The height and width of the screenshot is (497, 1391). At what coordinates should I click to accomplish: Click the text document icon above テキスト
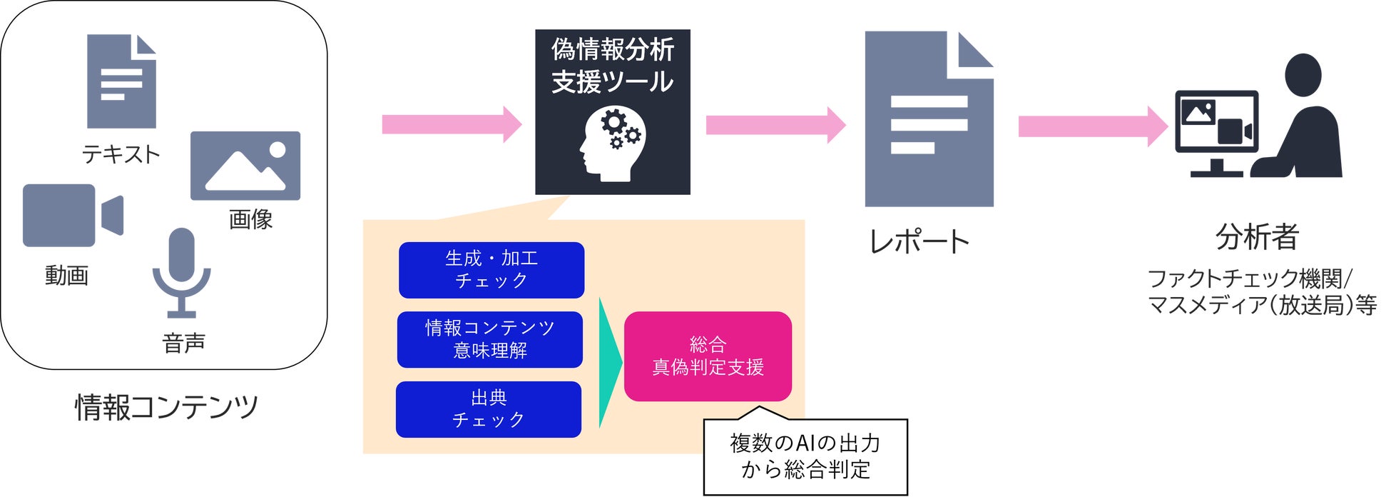pyautogui.click(x=121, y=81)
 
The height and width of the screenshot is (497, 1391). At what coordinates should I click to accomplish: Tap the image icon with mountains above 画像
pyautogui.click(x=245, y=166)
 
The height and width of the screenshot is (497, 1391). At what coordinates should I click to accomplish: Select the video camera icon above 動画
pyautogui.click(x=73, y=215)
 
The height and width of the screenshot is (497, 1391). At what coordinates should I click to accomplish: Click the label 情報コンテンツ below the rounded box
pyautogui.click(x=166, y=407)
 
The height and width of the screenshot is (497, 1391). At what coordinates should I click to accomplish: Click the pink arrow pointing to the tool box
pyautogui.click(x=452, y=124)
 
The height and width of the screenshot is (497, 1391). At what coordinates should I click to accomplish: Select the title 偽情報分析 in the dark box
pyautogui.click(x=613, y=49)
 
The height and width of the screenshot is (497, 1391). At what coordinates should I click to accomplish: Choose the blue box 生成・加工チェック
pyautogui.click(x=491, y=270)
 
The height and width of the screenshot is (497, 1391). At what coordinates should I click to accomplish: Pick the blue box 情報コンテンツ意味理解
pyautogui.click(x=490, y=339)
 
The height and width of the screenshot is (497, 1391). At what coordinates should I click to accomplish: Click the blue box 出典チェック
pyautogui.click(x=489, y=409)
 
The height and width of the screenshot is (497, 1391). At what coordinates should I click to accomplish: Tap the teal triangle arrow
pyautogui.click(x=610, y=363)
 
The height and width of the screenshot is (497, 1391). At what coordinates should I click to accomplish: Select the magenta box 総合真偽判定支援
pyautogui.click(x=708, y=356)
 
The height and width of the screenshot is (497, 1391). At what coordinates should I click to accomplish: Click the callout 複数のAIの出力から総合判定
pyautogui.click(x=805, y=456)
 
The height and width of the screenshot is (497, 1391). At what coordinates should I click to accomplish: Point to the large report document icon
pyautogui.click(x=929, y=119)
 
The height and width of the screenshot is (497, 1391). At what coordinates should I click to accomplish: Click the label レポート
pyautogui.click(x=919, y=241)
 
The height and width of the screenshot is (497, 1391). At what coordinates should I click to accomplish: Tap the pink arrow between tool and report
pyautogui.click(x=776, y=125)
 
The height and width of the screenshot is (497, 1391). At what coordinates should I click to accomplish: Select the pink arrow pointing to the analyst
pyautogui.click(x=1093, y=126)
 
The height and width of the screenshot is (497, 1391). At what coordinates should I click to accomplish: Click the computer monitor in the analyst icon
pyautogui.click(x=1216, y=133)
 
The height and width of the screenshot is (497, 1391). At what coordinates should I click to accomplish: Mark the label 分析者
pyautogui.click(x=1257, y=236)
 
